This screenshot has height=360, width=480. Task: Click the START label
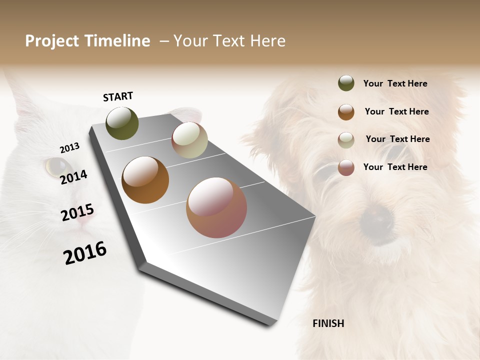point(118,96)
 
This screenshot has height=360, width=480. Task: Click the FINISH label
point(328,323)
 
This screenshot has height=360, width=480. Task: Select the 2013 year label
point(69,148)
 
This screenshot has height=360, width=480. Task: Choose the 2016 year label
point(85,252)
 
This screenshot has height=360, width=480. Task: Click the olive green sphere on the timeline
point(122,123)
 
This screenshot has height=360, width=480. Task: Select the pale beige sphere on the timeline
point(189,140)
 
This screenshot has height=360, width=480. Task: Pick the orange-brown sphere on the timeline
point(145,180)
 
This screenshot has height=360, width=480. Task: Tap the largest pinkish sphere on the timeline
point(216,207)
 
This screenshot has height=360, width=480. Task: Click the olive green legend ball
point(346,83)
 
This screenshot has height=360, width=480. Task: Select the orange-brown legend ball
point(346,111)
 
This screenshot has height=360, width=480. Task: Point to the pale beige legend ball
point(346,139)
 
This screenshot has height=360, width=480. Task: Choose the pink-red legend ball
point(346,167)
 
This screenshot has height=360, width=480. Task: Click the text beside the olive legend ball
point(395,83)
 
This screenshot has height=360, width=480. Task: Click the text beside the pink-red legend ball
point(395,167)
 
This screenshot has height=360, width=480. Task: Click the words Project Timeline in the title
point(87,41)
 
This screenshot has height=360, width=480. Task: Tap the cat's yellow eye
point(56,165)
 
